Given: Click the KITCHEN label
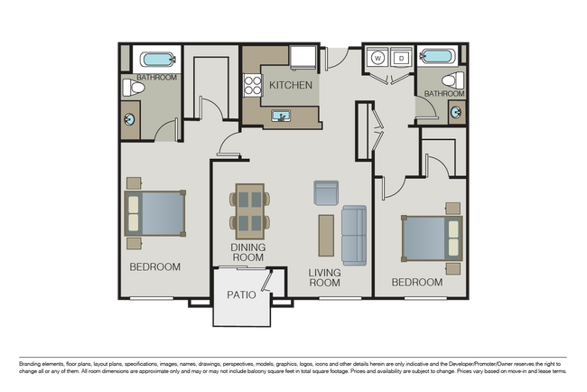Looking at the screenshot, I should click(x=291, y=86).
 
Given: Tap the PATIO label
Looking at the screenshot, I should click(x=241, y=295).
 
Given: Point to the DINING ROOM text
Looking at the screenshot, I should click(x=247, y=252).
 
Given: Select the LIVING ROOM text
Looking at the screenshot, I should click(x=323, y=276).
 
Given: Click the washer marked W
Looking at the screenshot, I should click(x=377, y=59).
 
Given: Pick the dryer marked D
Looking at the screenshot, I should click(x=400, y=59).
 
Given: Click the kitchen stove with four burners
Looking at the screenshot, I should click(x=251, y=86).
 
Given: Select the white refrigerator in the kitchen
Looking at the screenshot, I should click(x=303, y=58).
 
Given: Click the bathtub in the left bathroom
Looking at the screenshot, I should click(x=158, y=61).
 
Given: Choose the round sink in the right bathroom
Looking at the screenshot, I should click(x=455, y=113).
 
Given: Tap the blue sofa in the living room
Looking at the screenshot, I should click(x=353, y=235).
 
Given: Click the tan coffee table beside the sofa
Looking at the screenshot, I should click(x=325, y=235).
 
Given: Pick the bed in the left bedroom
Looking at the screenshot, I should click(x=155, y=215).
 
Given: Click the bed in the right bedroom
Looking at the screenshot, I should click(x=432, y=238).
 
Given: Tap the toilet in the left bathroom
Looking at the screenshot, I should click(x=128, y=87).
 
